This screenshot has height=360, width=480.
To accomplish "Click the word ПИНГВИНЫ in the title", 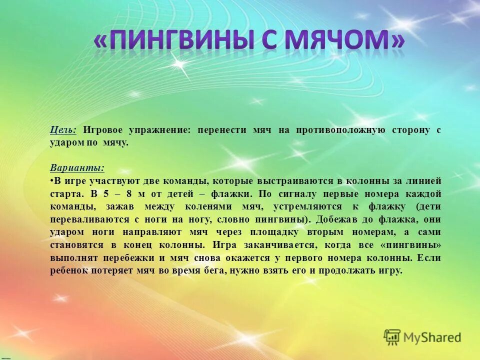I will [187, 40].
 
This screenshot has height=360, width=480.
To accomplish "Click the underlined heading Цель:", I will [63, 130].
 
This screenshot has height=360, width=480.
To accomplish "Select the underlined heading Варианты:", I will [77, 168].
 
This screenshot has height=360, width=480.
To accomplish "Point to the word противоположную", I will [339, 130].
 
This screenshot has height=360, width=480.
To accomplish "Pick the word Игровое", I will [103, 130].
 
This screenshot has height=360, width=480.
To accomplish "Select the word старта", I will [67, 194].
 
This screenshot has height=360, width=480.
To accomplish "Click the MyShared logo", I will [422, 337].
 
